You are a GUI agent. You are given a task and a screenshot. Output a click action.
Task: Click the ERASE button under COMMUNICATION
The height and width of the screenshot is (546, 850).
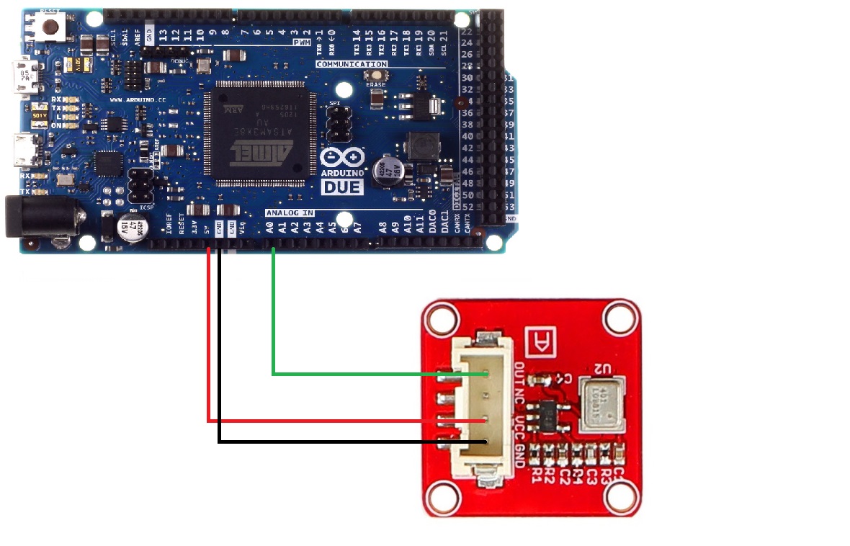click(x=375, y=74)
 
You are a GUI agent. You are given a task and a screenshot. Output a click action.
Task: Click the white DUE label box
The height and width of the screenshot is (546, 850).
click(x=341, y=187)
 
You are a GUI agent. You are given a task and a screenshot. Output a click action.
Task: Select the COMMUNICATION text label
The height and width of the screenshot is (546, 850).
click(x=352, y=64)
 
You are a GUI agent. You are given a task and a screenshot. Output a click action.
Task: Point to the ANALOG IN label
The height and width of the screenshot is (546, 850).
click(x=289, y=213)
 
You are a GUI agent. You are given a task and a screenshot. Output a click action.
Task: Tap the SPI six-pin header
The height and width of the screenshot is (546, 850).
click(x=335, y=123)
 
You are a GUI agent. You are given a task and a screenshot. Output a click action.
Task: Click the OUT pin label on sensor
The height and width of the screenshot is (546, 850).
click(x=521, y=374)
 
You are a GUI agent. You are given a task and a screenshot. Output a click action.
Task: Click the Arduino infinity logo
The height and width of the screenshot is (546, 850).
click(x=342, y=160)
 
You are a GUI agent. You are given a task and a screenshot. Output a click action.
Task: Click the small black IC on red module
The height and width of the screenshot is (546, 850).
click(x=548, y=416)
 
